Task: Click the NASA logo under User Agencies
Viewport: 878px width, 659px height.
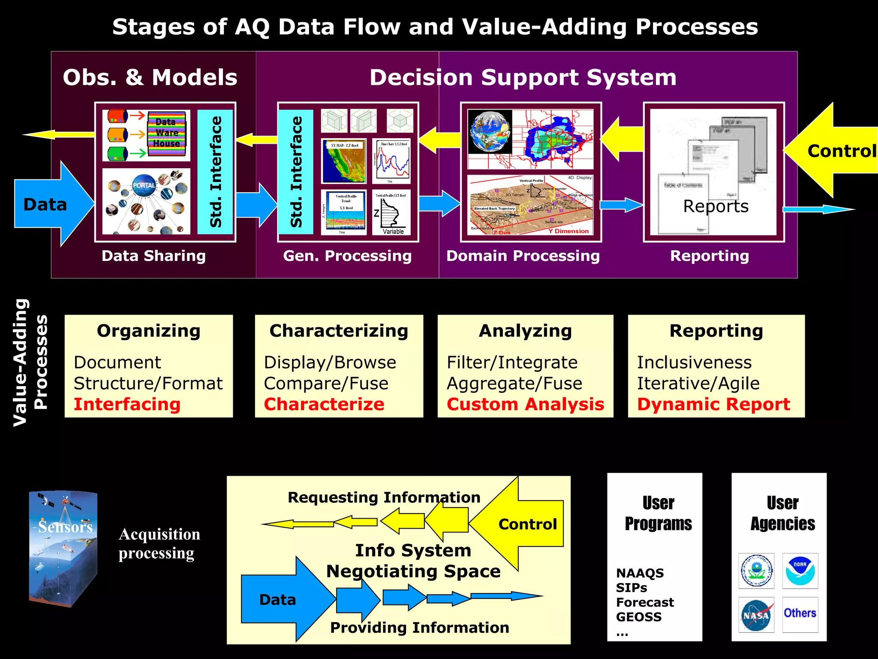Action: (756, 615)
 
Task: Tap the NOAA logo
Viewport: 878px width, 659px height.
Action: (800, 571)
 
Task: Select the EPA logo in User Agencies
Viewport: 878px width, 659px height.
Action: (756, 571)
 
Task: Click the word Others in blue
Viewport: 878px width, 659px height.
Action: (800, 613)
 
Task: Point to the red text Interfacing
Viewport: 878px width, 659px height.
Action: (127, 404)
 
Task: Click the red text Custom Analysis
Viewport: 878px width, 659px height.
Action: (525, 404)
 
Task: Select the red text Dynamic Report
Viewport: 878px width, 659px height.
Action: (713, 404)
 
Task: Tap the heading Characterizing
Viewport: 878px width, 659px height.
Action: (339, 331)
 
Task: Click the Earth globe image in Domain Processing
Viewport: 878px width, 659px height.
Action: (490, 131)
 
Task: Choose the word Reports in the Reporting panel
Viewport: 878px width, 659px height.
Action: (716, 206)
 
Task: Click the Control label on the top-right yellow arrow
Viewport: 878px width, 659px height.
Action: (841, 151)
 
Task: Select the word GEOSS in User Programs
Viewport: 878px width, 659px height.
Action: (639, 617)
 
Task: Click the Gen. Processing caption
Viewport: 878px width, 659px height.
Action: (347, 256)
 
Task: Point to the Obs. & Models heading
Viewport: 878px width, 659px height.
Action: (150, 78)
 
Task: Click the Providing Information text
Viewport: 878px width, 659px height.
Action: (419, 627)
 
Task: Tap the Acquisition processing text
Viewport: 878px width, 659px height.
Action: (159, 544)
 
